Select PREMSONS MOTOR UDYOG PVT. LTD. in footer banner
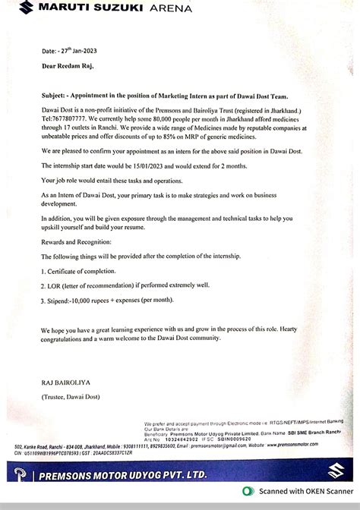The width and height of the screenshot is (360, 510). pos(133,475)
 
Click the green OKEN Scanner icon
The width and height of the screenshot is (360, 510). pos(250,490)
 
